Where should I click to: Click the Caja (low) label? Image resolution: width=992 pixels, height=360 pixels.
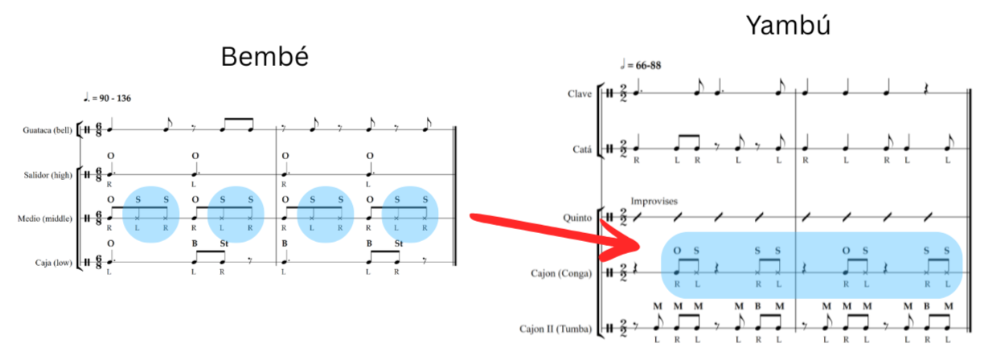[55, 262]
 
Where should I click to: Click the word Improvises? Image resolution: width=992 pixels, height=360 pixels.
[654, 201]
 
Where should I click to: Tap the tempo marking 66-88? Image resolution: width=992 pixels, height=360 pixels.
[644, 64]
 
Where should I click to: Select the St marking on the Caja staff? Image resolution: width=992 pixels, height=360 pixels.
[223, 243]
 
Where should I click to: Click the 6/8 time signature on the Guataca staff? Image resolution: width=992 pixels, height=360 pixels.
[98, 128]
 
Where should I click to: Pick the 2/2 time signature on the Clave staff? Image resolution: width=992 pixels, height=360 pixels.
[623, 94]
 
